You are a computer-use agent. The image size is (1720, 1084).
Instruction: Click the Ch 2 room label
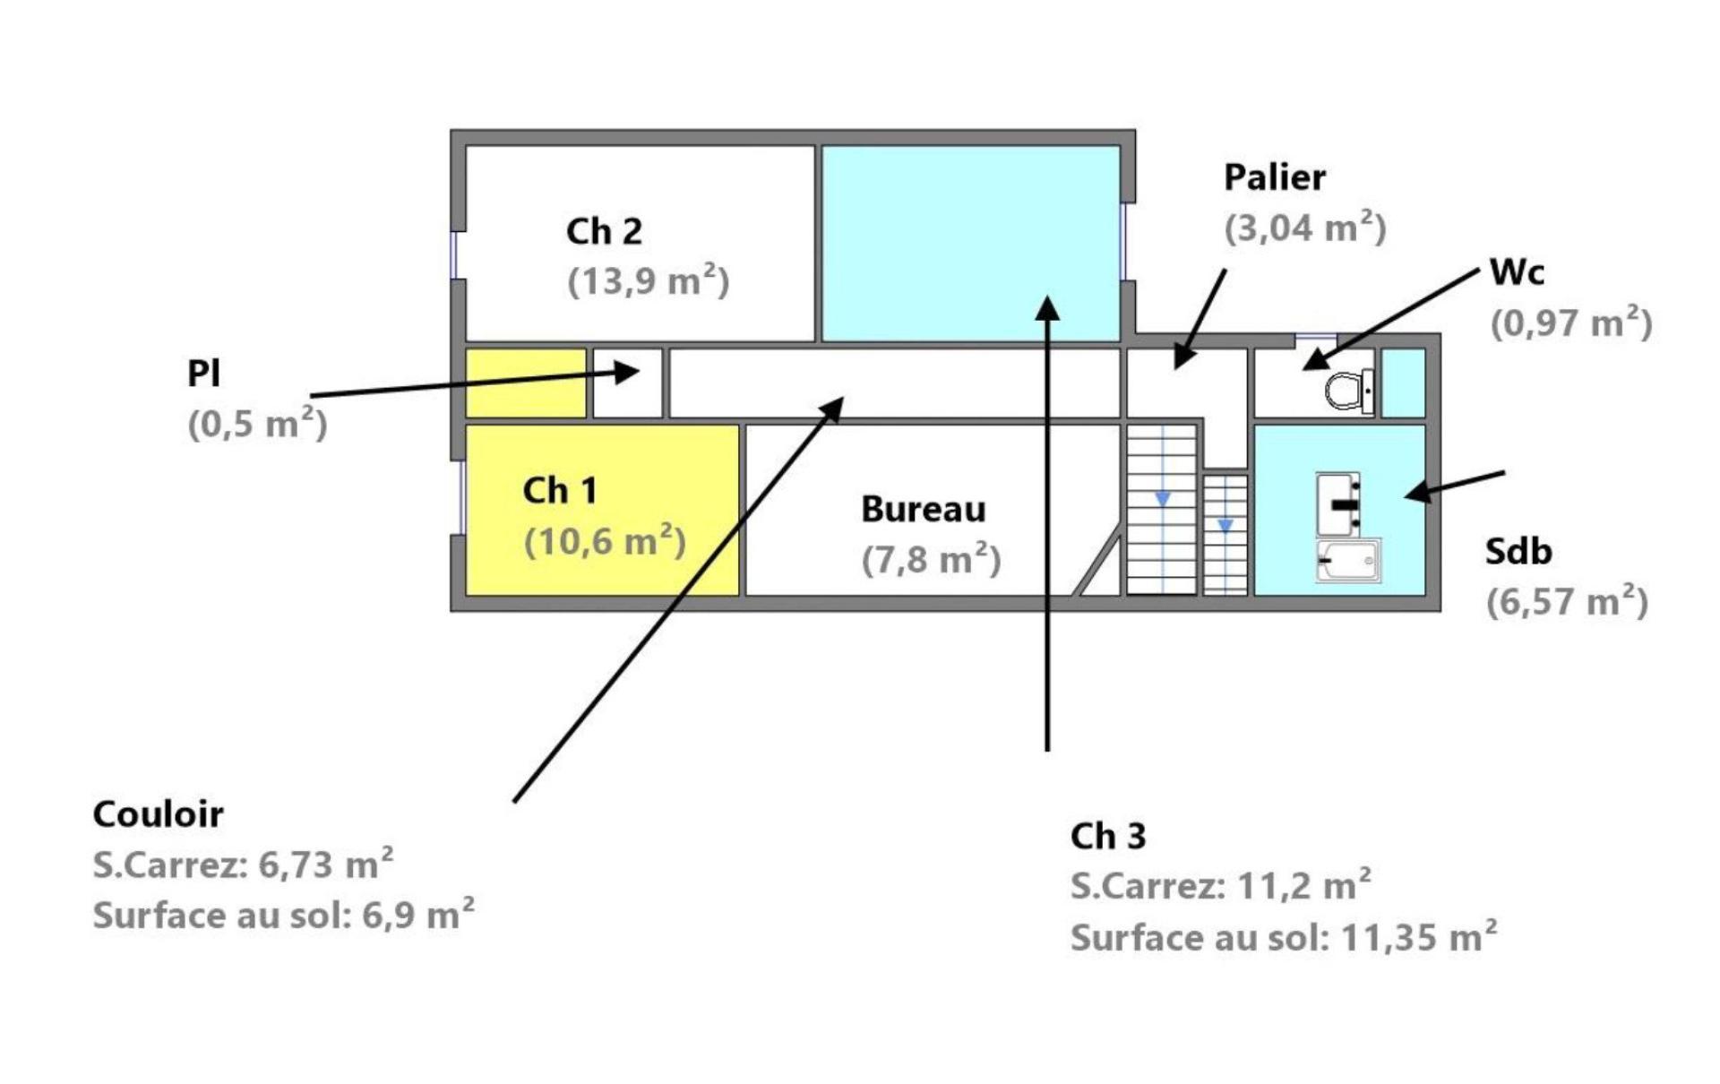[x=604, y=232]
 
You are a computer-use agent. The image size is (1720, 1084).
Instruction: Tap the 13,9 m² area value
[x=649, y=280]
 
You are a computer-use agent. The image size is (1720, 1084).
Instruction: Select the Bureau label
[x=923, y=510]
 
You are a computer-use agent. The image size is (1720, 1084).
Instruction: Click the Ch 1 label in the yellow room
[x=559, y=491]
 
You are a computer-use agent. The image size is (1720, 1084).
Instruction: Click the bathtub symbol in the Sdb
[x=1348, y=560]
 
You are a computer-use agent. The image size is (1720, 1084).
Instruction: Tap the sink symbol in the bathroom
[x=1339, y=503]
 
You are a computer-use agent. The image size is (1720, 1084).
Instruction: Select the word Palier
[x=1274, y=177]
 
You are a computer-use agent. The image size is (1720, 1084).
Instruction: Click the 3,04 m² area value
[x=1304, y=228]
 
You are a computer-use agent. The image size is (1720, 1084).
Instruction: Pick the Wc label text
[x=1517, y=271]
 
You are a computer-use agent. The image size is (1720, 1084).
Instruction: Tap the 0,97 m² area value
[x=1570, y=323]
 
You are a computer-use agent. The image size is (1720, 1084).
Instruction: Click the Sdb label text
[x=1518, y=552]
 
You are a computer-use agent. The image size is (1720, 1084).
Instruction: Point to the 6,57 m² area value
[x=1567, y=601]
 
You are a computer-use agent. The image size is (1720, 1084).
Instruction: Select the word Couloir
[x=159, y=814]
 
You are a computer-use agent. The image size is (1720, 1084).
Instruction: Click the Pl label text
[x=203, y=374]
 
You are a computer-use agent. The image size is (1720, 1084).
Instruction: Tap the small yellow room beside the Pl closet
[x=526, y=383]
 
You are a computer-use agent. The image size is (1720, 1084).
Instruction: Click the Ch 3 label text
[x=1107, y=837]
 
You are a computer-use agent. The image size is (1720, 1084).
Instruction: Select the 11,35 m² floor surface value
[x=1418, y=938]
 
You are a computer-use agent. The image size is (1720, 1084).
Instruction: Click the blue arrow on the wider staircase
[x=1162, y=498]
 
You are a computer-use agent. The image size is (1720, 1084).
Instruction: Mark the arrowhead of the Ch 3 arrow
[x=1047, y=308]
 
